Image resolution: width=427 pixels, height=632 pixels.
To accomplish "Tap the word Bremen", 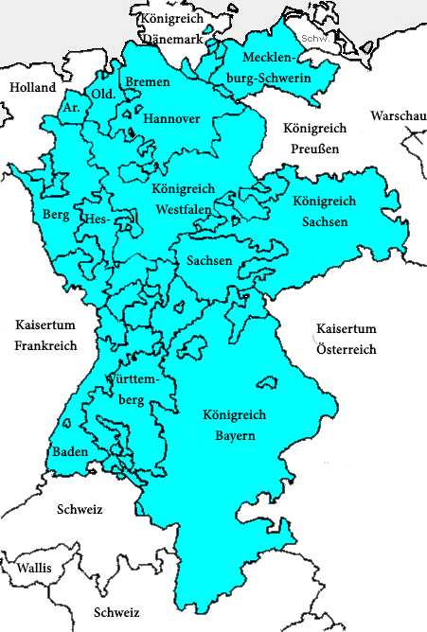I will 148,82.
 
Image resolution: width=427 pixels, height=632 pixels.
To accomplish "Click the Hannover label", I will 171,119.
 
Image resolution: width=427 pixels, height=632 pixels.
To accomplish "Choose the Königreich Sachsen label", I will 325,212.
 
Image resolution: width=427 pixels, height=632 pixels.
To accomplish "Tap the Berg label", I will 57,215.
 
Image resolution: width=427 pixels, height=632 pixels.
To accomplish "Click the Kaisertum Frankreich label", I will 45,336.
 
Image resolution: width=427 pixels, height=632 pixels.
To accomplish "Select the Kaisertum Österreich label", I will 347,339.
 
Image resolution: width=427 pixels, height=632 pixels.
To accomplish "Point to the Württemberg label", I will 130,389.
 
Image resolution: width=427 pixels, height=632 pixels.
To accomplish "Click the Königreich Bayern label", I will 234,425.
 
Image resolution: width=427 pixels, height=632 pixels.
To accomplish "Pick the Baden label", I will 71,451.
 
